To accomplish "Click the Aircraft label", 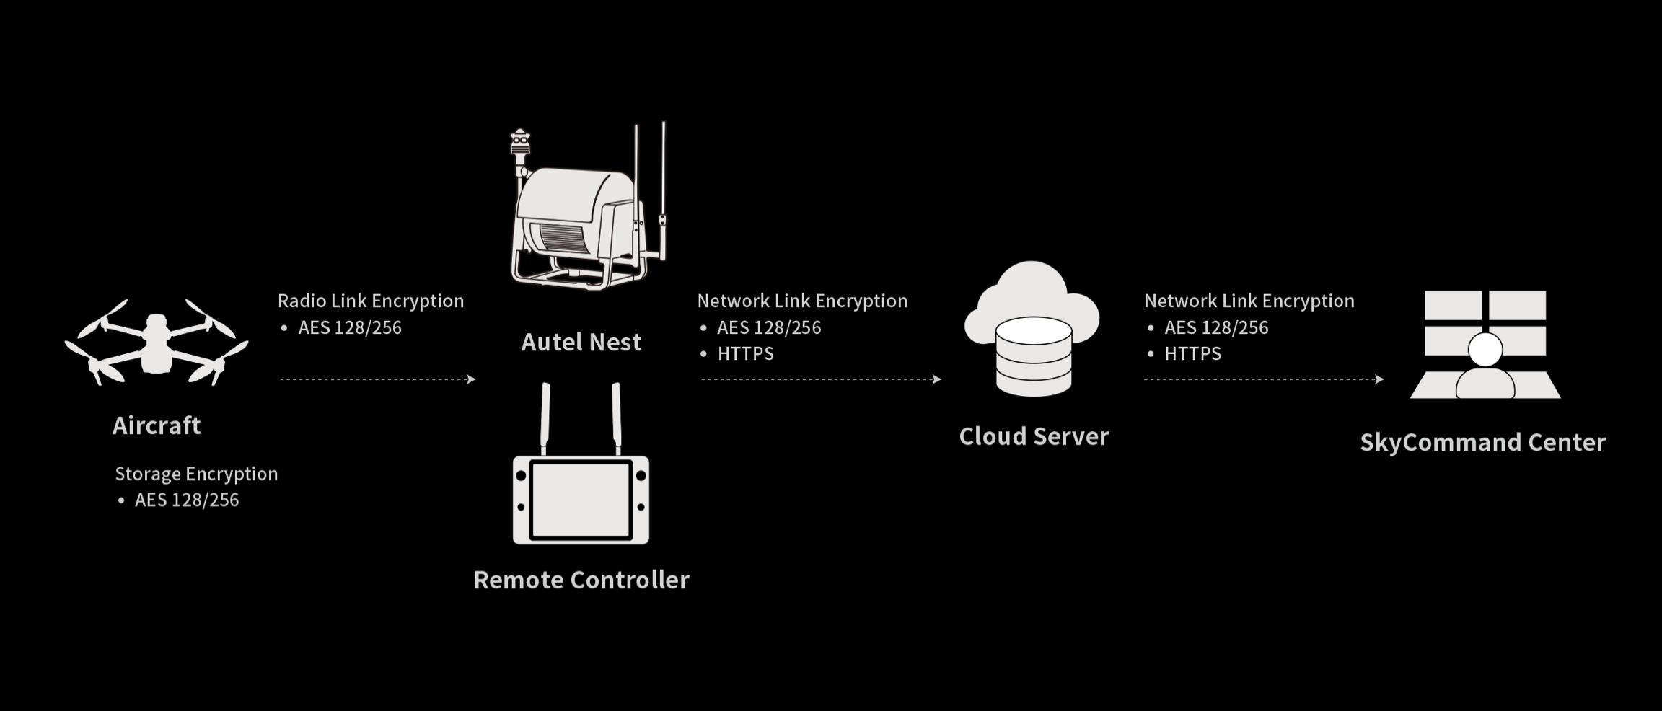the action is [x=157, y=425].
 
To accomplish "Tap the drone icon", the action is [x=157, y=343].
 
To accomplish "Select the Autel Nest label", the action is [x=581, y=342].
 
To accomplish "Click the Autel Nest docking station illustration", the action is [x=588, y=206].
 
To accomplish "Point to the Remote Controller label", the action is [x=581, y=580].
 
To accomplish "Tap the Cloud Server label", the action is [x=1034, y=436].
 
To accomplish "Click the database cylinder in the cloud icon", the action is [x=1034, y=357].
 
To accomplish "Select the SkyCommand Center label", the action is [x=1483, y=442].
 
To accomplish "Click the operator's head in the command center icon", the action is [x=1485, y=350].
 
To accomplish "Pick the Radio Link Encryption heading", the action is [x=371, y=301].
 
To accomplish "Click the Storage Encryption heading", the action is [x=196, y=474].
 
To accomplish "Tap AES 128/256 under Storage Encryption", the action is [x=187, y=500].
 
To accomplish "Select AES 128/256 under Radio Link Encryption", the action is [x=350, y=327].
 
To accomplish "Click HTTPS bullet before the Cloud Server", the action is [x=746, y=353].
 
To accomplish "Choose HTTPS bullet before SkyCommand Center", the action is [x=1193, y=353].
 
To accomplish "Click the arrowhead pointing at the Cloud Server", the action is [x=937, y=379].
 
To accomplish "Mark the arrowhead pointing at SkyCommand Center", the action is [x=1379, y=379].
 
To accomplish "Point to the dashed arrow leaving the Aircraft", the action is [x=378, y=379].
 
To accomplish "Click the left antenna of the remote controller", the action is [x=545, y=419].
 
